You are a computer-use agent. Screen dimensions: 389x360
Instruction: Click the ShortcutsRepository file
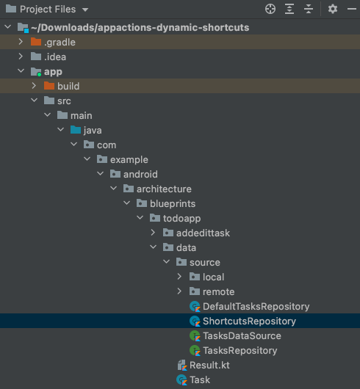click(249, 321)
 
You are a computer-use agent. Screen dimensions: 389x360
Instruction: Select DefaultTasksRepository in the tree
click(256, 306)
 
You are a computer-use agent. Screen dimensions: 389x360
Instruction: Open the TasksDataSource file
click(242, 335)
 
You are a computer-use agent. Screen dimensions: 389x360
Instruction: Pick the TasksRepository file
click(240, 350)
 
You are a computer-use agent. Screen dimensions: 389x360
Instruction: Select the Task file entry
click(199, 379)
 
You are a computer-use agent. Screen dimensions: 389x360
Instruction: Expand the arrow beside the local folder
click(179, 277)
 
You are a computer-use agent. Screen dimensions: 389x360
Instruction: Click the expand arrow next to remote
click(179, 291)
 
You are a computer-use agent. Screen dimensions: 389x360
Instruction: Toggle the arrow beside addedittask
click(154, 233)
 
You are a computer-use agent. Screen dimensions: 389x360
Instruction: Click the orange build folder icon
click(49, 86)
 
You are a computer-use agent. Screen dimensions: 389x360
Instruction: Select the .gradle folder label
click(59, 42)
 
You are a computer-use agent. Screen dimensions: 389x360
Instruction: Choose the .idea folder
click(56, 57)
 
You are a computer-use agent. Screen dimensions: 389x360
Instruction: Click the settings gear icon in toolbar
click(333, 10)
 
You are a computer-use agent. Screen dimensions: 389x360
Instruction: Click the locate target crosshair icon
click(270, 10)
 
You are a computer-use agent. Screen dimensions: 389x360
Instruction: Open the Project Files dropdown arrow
click(85, 10)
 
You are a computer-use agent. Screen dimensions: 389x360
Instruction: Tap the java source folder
click(92, 130)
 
